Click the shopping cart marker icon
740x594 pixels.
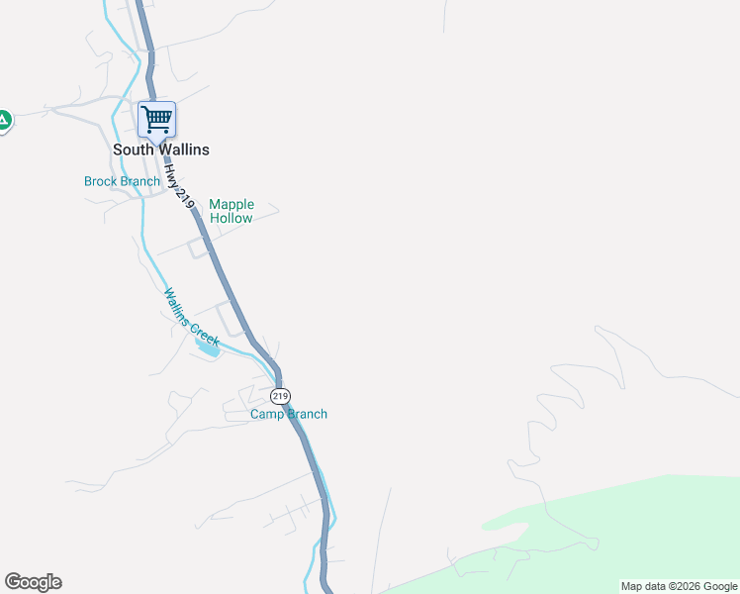[x=156, y=120]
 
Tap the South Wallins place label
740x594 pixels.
[x=161, y=149]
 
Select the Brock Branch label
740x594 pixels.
[x=122, y=181]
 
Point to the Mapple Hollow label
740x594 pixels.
[x=231, y=211]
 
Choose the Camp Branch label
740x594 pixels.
[x=288, y=414]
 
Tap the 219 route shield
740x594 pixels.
[x=280, y=396]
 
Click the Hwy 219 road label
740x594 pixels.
[x=178, y=185]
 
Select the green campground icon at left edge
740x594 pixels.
[x=4, y=121]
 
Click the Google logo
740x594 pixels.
[x=33, y=582]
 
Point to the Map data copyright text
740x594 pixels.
[x=679, y=586]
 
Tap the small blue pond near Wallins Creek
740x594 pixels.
[x=209, y=346]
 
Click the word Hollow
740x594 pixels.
[x=231, y=218]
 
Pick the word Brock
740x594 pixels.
[x=101, y=181]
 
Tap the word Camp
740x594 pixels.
[x=266, y=414]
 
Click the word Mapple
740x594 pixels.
[x=231, y=205]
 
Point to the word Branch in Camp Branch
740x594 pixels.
[x=307, y=414]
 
